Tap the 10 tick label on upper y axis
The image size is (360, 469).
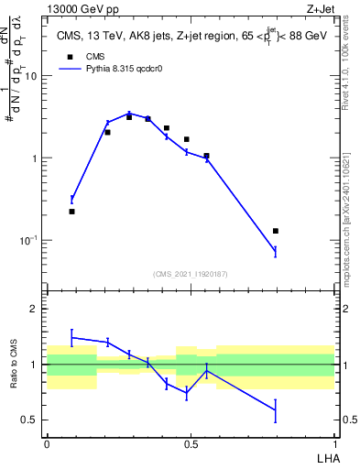pyautogui.click(x=30, y=76)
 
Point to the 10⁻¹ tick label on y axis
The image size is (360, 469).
pyautogui.click(x=28, y=241)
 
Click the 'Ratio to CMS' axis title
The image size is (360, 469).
pyautogui.click(x=14, y=365)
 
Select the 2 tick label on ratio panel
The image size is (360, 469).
pyautogui.click(x=34, y=310)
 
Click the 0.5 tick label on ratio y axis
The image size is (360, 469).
pyautogui.click(x=30, y=420)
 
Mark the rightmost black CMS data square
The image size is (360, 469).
pyautogui.click(x=276, y=231)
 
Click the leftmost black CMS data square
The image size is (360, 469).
pyautogui.click(x=71, y=212)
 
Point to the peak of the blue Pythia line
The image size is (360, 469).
pyautogui.click(x=129, y=113)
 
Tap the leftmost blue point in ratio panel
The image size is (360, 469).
pyautogui.click(x=71, y=337)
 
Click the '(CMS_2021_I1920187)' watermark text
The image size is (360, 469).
pyautogui.click(x=190, y=273)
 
